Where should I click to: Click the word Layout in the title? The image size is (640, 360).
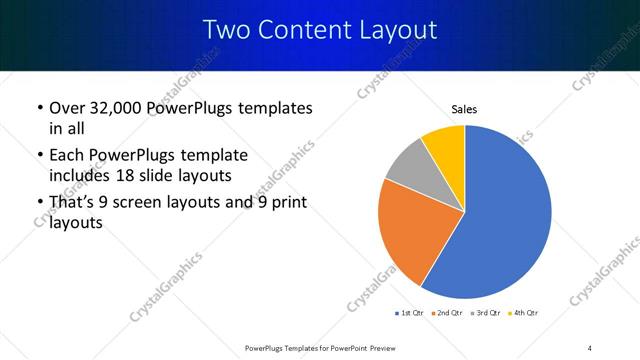[x=400, y=30]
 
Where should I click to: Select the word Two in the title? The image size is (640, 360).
[x=225, y=30]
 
